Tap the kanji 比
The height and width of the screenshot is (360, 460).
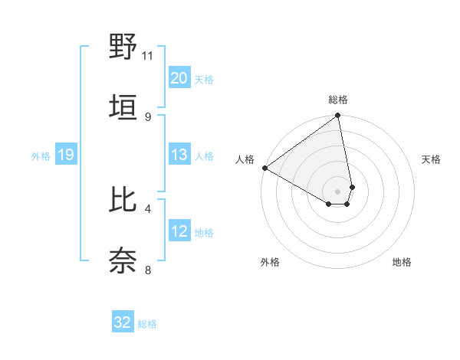[x=123, y=200]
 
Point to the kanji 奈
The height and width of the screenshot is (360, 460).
[x=123, y=260]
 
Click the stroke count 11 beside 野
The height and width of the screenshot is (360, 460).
[x=147, y=55]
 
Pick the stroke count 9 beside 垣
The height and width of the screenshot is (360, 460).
[x=147, y=116]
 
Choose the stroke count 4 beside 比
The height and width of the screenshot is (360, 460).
[x=147, y=208]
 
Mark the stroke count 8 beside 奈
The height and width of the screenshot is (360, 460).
[x=147, y=269]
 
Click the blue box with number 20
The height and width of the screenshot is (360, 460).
[x=179, y=77]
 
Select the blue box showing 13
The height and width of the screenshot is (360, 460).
[x=179, y=155]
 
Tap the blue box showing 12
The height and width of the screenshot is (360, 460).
[x=179, y=231]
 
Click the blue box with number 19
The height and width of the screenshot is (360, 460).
[x=65, y=155]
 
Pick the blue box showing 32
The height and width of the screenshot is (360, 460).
[x=123, y=322]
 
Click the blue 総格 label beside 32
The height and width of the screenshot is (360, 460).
[x=147, y=324]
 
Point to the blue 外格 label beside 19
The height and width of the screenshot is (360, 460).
[x=41, y=156]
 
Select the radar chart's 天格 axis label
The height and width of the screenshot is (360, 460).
[x=431, y=159]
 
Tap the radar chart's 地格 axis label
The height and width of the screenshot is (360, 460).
[x=402, y=262]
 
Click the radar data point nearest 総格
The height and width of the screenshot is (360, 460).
[x=337, y=116]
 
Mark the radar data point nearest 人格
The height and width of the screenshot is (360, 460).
[x=264, y=168]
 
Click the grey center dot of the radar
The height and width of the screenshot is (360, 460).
[x=337, y=191]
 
